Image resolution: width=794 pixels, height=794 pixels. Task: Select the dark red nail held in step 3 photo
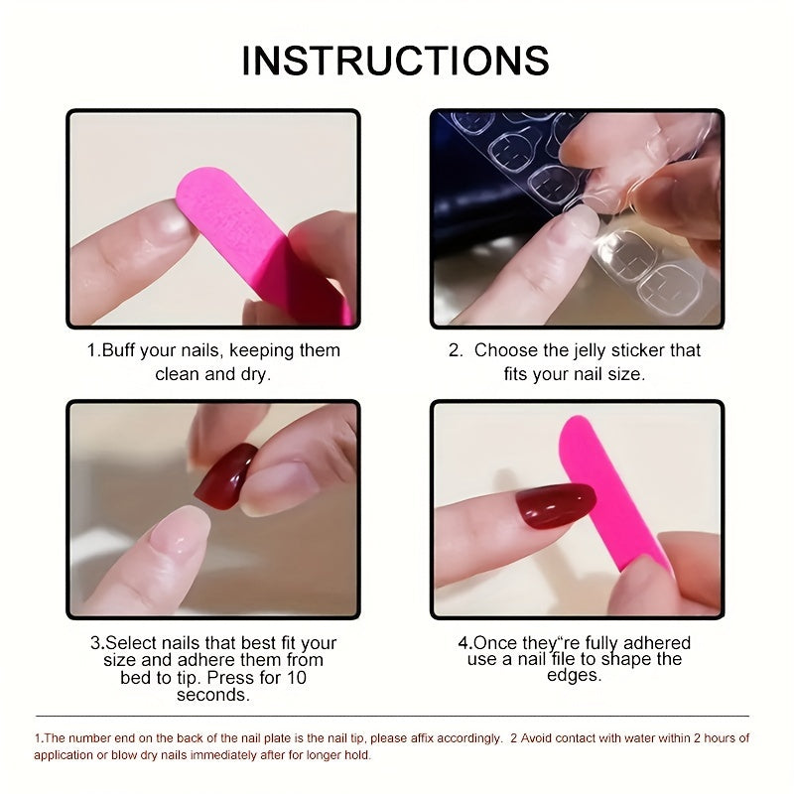click(x=225, y=475)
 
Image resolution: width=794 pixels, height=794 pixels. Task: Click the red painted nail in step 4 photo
click(x=555, y=505)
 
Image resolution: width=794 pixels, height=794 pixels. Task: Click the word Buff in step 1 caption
click(x=121, y=351)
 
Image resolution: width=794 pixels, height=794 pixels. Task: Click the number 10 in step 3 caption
click(x=295, y=679)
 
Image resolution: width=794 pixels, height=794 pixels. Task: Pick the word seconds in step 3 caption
click(x=213, y=696)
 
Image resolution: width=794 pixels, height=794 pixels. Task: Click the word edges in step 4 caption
click(x=574, y=676)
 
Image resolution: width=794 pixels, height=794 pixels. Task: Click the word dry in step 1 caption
click(x=253, y=375)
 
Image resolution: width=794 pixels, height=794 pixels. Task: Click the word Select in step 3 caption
click(x=133, y=643)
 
